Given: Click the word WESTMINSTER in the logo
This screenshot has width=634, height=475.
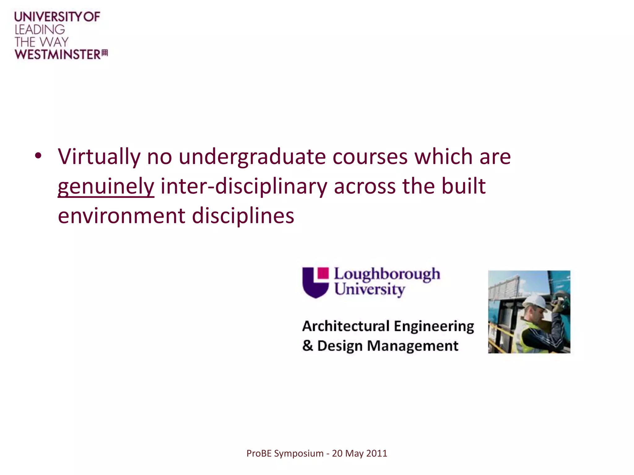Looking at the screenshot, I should tap(58, 54).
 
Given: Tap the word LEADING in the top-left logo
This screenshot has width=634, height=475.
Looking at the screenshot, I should tap(40, 30).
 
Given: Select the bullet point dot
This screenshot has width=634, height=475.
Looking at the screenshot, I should tap(38, 156).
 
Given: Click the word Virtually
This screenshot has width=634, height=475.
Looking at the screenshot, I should tap(99, 156).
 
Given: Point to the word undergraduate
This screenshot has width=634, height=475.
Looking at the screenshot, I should tap(252, 157).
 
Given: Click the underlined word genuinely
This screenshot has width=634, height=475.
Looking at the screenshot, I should tap(106, 186).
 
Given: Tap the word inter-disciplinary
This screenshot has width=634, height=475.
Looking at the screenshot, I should tap(244, 186).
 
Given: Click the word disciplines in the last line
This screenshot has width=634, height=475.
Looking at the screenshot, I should tap(243, 216).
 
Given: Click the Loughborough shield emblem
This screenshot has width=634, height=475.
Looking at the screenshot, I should tap(315, 282).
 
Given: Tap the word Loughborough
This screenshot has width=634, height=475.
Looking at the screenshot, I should tap(387, 274).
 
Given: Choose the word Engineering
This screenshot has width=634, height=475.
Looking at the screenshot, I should tap(434, 326).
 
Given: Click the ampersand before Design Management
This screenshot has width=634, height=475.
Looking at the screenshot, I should tap(308, 345).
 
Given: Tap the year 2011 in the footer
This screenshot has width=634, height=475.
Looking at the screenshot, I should tap(377, 453).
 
